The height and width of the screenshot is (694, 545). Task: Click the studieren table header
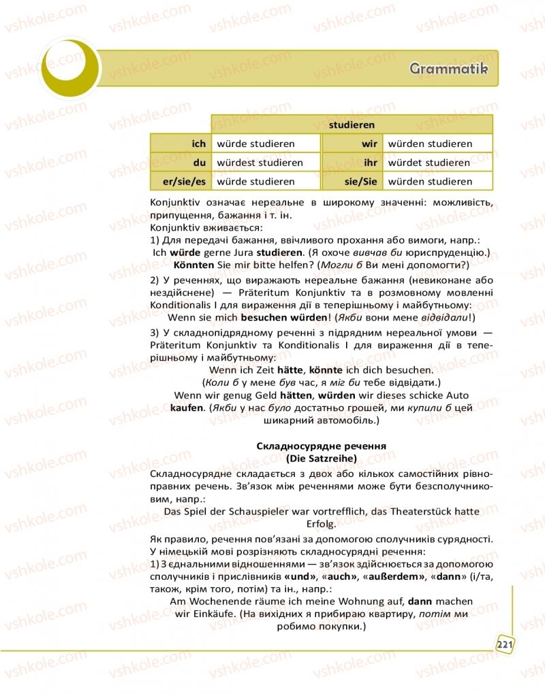352,125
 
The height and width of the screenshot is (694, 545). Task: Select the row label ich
199,144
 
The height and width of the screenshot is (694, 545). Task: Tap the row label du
200,163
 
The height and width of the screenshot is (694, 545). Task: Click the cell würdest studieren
260,163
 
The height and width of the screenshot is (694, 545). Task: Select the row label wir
369,144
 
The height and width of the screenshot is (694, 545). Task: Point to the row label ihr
371,163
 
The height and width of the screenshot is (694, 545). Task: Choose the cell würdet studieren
429,163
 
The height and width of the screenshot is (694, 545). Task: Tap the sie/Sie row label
361,182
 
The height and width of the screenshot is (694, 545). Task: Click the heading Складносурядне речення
321,446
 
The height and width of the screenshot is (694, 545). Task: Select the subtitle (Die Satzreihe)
321,458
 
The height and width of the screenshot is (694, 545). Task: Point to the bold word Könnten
196,264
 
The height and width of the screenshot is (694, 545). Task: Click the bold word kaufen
187,408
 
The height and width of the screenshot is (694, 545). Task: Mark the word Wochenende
221,601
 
